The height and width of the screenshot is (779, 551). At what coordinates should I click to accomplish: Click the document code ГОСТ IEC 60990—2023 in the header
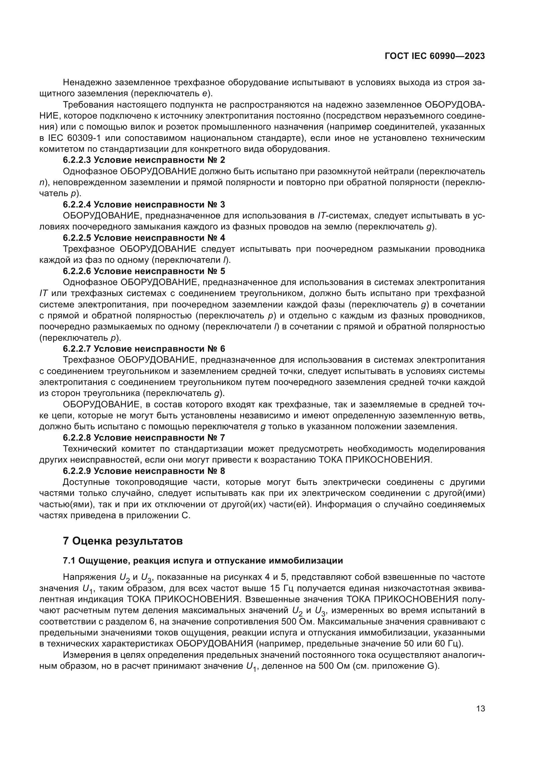(435, 56)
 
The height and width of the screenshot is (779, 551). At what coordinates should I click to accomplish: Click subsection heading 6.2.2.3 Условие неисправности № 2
(144, 160)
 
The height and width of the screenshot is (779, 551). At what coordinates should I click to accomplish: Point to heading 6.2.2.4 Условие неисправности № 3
(144, 204)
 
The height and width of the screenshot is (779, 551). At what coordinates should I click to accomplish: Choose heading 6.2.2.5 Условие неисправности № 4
(144, 238)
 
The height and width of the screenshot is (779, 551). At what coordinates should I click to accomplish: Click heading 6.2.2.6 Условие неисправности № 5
(144, 271)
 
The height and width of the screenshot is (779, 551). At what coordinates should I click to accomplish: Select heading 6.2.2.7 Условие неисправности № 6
(144, 349)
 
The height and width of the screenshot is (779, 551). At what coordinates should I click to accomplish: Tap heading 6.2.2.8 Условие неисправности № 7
(144, 438)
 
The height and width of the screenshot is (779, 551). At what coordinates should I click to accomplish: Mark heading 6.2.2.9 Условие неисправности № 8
(144, 471)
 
